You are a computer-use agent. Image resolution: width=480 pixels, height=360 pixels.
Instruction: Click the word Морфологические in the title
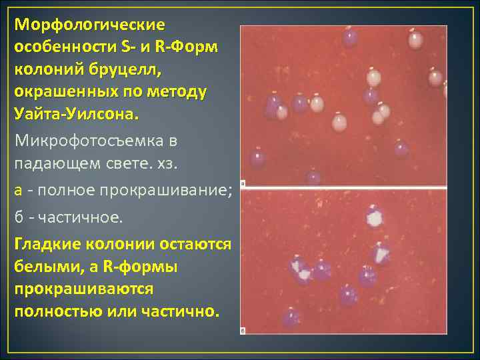90,25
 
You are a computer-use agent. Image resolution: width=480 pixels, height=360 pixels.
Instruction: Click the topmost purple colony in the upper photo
349,38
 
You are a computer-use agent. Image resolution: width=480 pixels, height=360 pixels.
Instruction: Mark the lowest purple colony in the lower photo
291,318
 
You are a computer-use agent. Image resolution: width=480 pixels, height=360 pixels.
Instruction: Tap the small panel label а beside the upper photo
243,182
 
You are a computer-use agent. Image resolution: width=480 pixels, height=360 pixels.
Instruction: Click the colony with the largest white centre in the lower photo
375,217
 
